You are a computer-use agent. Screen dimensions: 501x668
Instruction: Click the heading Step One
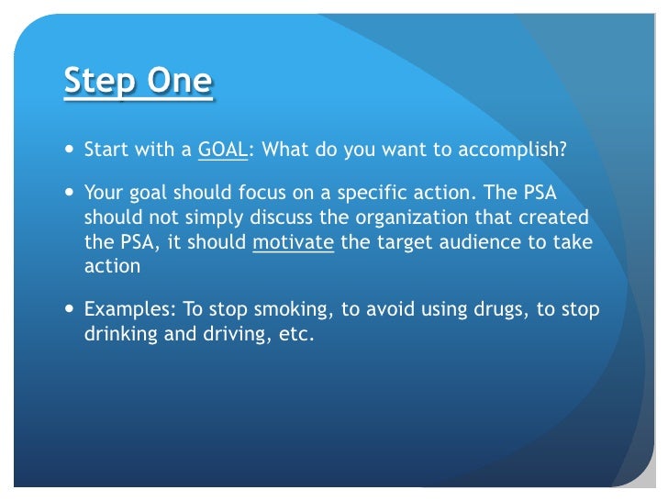coord(138,83)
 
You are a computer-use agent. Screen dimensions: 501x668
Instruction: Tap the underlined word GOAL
coord(222,150)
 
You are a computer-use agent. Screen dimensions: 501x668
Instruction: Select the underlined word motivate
coord(293,243)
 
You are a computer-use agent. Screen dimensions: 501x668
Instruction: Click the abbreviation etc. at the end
coord(295,335)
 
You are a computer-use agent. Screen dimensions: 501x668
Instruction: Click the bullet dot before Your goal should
coord(72,195)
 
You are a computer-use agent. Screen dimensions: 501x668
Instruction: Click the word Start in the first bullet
coord(105,150)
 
